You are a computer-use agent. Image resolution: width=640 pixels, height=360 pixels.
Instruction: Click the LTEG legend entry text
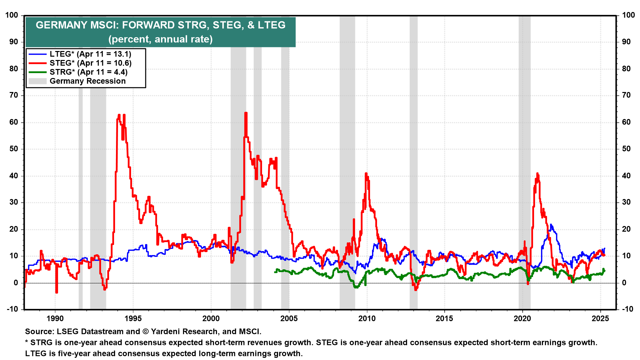90,54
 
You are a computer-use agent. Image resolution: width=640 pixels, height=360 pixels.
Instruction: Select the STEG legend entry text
90,63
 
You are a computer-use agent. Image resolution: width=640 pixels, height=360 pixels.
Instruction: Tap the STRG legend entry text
88,72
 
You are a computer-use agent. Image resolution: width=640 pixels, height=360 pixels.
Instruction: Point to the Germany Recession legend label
87,81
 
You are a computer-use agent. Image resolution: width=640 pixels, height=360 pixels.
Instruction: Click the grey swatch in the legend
37,81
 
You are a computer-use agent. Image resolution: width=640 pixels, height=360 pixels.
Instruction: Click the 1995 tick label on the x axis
133,318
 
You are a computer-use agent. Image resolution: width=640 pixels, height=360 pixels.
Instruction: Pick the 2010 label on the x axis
367,318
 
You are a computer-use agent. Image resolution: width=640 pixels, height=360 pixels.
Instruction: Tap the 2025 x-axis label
600,318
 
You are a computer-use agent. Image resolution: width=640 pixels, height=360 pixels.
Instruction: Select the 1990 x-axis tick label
55,318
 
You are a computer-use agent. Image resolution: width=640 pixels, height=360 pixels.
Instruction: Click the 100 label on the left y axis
12,15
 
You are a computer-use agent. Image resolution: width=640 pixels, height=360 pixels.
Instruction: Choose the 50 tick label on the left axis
14,149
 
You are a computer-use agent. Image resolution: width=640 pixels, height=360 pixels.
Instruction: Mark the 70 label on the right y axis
626,95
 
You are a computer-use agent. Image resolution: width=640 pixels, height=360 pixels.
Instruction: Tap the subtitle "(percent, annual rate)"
160,39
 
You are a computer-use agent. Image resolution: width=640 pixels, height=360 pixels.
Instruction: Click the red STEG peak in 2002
246,113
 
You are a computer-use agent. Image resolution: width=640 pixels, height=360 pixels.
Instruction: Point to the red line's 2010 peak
366,174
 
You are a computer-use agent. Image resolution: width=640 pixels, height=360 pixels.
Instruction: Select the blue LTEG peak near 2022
551,225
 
